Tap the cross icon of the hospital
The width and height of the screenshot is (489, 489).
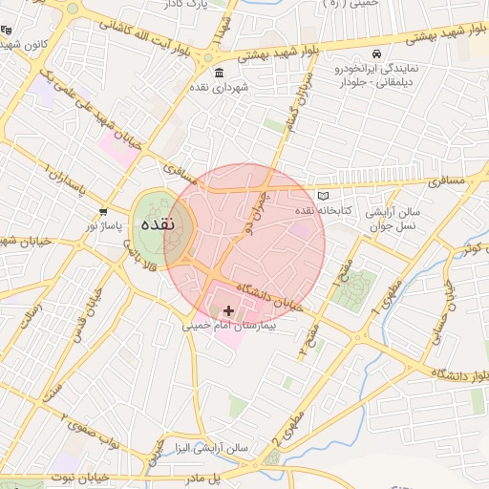click(228, 310)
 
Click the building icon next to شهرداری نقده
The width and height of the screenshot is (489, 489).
click(221, 74)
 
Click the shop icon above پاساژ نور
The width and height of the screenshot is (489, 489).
click(103, 211)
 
